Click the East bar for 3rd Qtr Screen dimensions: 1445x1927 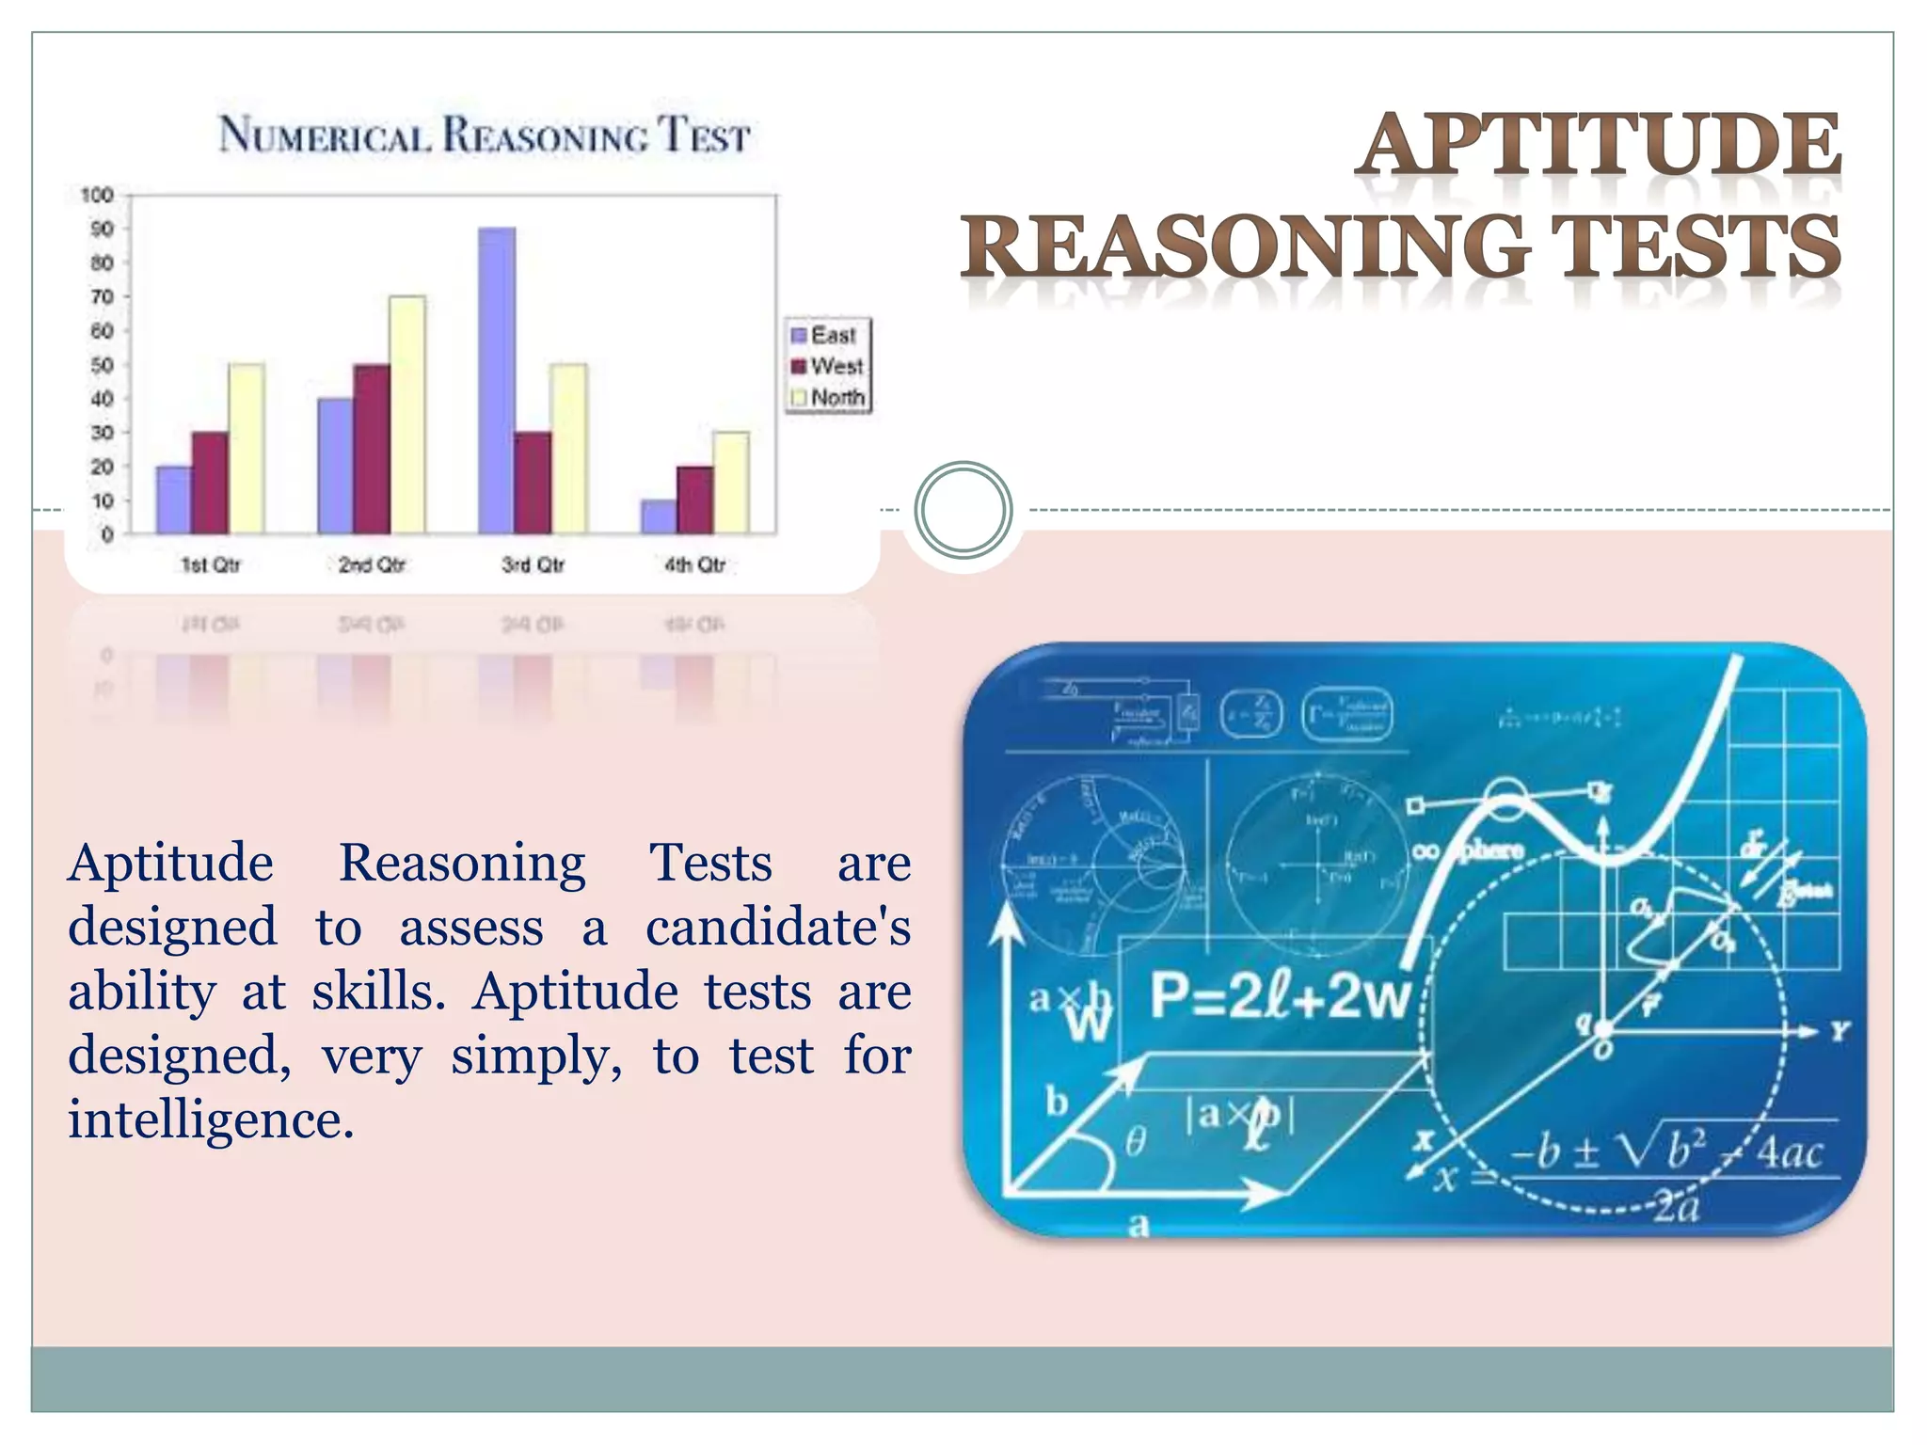pos(497,381)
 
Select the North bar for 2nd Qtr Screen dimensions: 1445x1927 pos(407,415)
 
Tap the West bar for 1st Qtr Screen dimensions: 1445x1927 pos(210,483)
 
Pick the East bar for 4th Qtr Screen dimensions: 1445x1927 pos(659,516)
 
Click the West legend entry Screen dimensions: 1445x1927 pos(827,366)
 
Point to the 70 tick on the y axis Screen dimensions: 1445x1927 pos(103,297)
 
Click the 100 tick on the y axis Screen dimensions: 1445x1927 pos(98,196)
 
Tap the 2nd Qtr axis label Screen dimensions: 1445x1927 pos(372,564)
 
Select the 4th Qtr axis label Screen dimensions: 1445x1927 pos(695,564)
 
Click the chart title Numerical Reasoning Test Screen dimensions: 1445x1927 pos(485,135)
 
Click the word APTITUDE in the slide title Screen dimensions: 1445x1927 pos(1601,146)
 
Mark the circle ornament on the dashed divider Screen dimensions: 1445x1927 pos(963,510)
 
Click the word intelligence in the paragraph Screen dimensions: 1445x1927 pos(211,1119)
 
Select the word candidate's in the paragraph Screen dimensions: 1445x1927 pos(778,928)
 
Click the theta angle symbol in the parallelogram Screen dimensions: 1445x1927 pos(1136,1142)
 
